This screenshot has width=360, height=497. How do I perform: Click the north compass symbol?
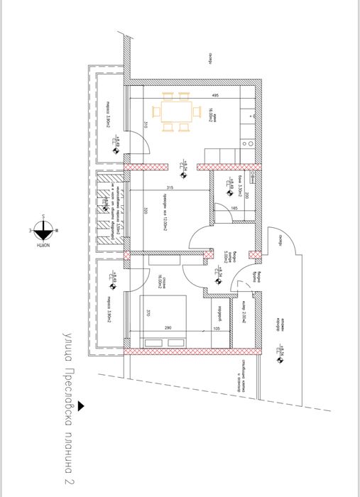click(43, 228)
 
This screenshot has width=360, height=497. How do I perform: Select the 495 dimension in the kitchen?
click(213, 95)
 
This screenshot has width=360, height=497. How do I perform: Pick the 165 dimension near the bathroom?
click(234, 207)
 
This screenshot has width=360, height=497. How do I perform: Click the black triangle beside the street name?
click(82, 406)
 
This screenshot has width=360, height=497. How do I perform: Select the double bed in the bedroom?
click(165, 318)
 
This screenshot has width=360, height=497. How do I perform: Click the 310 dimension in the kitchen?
click(144, 124)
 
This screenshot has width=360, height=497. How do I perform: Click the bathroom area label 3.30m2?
click(240, 186)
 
